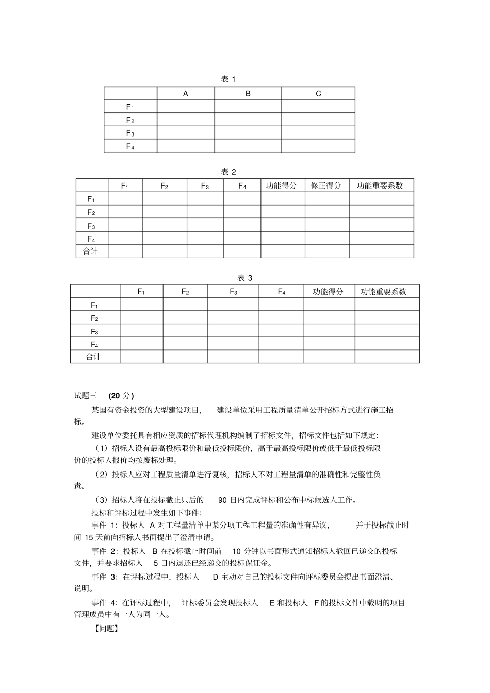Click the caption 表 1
[x=228, y=79]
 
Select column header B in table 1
[x=248, y=94]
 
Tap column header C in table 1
[x=318, y=94]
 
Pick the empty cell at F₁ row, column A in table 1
[x=186, y=107]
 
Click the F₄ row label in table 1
[x=130, y=146]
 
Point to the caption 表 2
[x=228, y=172]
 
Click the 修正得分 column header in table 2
[x=326, y=185]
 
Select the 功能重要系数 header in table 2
[x=381, y=185]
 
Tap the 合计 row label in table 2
[x=91, y=251]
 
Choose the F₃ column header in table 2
[x=205, y=186]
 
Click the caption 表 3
[x=245, y=278]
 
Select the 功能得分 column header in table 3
[x=328, y=292]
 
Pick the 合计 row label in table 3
[x=94, y=357]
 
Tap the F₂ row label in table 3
[x=94, y=318]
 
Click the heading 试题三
[x=85, y=396]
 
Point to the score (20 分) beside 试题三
[x=121, y=396]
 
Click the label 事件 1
[x=105, y=525]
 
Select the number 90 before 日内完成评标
[x=222, y=500]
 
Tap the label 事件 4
[x=105, y=603]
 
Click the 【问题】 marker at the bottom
[x=106, y=629]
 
